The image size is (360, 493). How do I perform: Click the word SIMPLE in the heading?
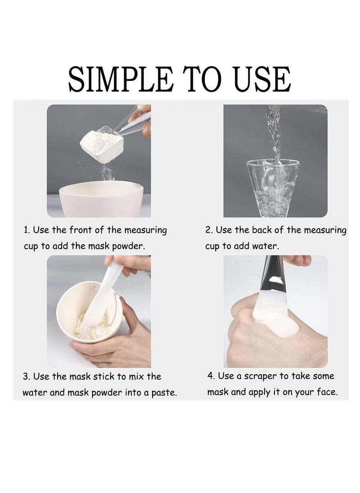click(x=121, y=79)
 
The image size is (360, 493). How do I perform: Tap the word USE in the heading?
click(x=263, y=79)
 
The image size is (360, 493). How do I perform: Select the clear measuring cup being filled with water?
click(x=272, y=188)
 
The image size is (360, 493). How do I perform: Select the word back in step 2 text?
click(x=262, y=230)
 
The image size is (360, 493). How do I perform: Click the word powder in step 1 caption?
click(x=129, y=246)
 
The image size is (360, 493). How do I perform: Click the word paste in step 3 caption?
click(x=164, y=393)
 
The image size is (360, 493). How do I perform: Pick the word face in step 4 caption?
click(x=326, y=392)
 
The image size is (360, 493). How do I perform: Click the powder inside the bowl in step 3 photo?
click(x=91, y=327)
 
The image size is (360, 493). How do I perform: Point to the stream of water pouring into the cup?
click(x=274, y=135)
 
